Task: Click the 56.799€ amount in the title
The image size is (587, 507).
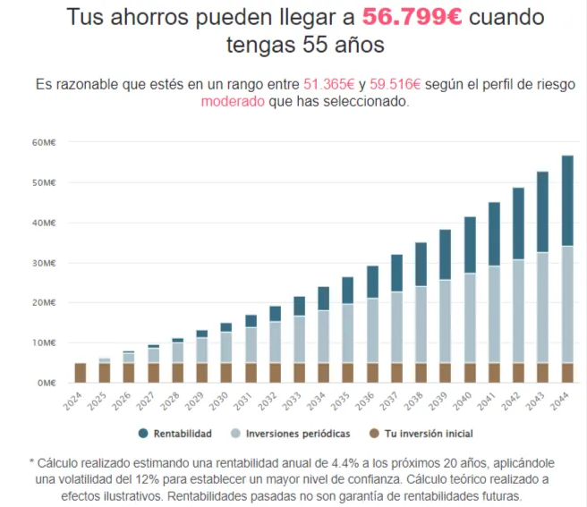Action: click(413, 17)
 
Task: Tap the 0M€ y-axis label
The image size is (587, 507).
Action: click(47, 383)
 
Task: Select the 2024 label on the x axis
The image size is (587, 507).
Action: click(79, 400)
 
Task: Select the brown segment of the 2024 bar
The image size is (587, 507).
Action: click(81, 372)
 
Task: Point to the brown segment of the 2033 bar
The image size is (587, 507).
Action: click(300, 372)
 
